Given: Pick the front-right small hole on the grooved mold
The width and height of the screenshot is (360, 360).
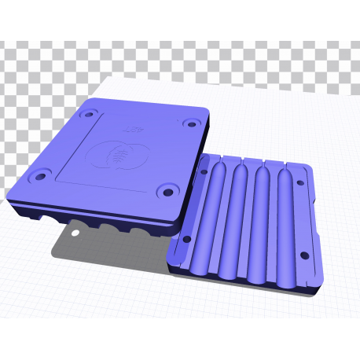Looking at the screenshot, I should click(301, 255).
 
